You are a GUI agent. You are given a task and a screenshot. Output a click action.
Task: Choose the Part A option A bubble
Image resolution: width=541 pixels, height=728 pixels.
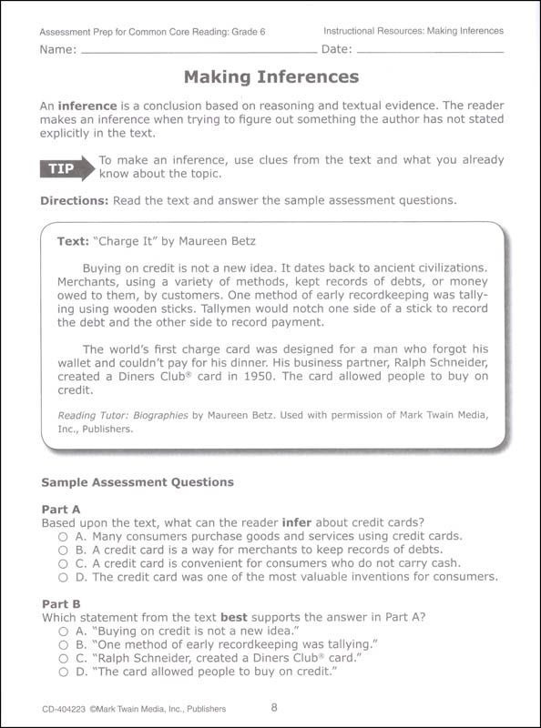coord(63,537)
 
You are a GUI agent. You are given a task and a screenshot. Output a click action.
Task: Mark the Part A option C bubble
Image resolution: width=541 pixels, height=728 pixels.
coord(63,563)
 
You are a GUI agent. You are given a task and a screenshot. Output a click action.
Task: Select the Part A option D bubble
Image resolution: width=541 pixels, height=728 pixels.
coord(63,576)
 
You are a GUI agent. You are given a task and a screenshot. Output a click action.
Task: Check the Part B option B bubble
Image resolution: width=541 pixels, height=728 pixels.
coord(63,644)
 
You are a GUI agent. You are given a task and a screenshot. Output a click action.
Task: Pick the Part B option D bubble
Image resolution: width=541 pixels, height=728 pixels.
coord(63,672)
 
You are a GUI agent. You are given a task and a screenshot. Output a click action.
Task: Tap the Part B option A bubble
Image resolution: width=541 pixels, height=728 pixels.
coord(63,631)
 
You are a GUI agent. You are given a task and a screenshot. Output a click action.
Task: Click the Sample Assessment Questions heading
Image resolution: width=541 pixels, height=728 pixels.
coord(138,481)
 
